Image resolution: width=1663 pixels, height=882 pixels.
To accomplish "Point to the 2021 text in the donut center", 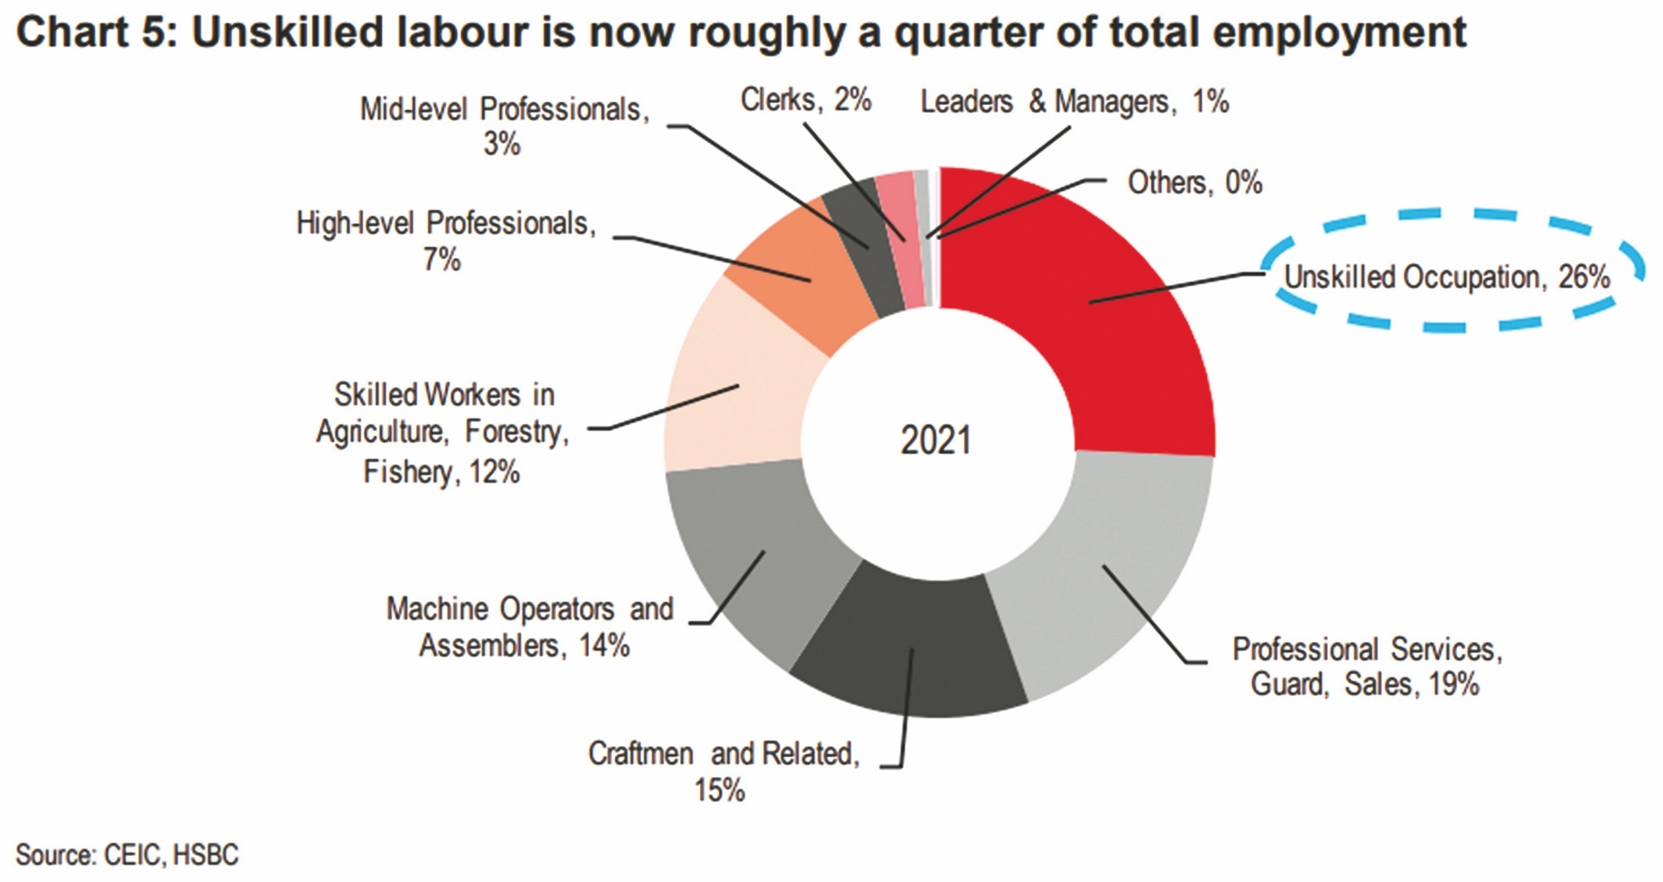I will (935, 440).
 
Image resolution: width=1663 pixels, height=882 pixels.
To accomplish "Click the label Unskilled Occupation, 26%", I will (1446, 277).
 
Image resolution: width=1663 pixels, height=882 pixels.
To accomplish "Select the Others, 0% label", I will (1194, 183).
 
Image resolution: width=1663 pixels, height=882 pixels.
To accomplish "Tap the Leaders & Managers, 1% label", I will (1074, 102).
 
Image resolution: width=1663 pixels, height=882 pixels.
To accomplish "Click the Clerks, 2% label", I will (806, 101).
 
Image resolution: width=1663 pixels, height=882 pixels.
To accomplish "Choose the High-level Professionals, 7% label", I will (446, 240).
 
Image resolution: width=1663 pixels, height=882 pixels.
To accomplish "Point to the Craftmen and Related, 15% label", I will (723, 771).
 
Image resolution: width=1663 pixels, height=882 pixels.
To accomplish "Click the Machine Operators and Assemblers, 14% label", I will (528, 626).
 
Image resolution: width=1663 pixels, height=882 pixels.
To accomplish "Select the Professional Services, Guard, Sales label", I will (1366, 666).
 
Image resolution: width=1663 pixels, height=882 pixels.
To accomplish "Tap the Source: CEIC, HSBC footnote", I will (126, 855).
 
